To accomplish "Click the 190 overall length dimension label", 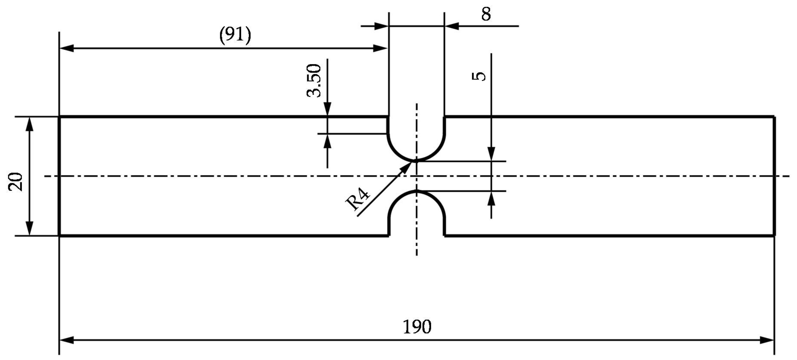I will [x=417, y=327].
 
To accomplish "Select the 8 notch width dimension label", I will [x=486, y=14].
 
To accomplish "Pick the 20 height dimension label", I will [x=16, y=182].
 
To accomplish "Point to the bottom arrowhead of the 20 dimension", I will [x=29, y=229].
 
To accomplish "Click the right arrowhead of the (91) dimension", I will [x=381, y=48].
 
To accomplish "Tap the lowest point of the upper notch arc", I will [x=416, y=161].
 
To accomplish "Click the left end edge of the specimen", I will [x=59, y=176].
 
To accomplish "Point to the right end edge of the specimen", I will [x=774, y=176].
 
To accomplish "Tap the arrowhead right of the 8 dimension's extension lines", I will [x=451, y=26].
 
